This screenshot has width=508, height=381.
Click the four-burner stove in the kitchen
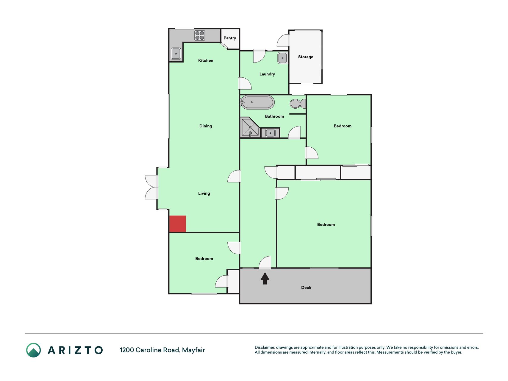click(200, 35)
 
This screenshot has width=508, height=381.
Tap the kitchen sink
click(176, 54)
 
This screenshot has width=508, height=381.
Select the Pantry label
click(230, 38)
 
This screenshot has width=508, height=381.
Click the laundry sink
click(282, 58)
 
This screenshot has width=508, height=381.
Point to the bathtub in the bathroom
click(257, 102)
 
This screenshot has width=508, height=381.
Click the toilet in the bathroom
click(298, 104)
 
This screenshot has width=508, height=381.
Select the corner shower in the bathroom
click(250, 127)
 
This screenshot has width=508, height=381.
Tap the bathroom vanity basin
click(270, 133)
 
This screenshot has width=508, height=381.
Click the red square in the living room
click(178, 224)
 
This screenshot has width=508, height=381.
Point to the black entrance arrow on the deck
click(265, 279)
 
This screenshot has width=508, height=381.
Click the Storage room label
click(306, 57)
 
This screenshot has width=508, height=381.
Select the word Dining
click(206, 126)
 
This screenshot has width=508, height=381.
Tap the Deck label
click(306, 288)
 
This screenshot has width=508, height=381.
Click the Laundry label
click(267, 74)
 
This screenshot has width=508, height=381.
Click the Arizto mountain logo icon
click(33, 350)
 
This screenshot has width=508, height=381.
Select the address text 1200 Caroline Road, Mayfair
click(162, 350)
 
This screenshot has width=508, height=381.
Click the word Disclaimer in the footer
click(265, 347)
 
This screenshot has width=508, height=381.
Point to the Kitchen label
click(206, 60)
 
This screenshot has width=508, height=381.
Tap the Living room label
click(204, 193)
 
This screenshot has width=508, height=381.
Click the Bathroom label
click(274, 116)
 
